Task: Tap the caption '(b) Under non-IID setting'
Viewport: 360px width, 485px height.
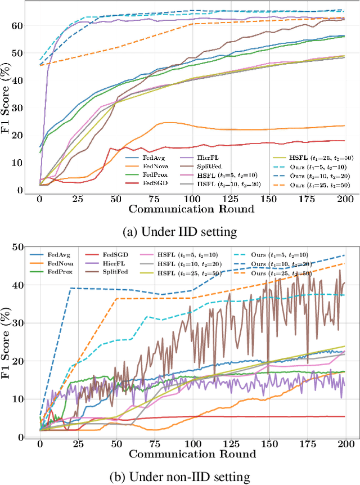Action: (x=180, y=478)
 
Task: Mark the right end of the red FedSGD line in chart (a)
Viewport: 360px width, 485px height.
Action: (x=345, y=141)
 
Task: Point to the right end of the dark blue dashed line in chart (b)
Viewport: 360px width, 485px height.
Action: (x=345, y=255)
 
